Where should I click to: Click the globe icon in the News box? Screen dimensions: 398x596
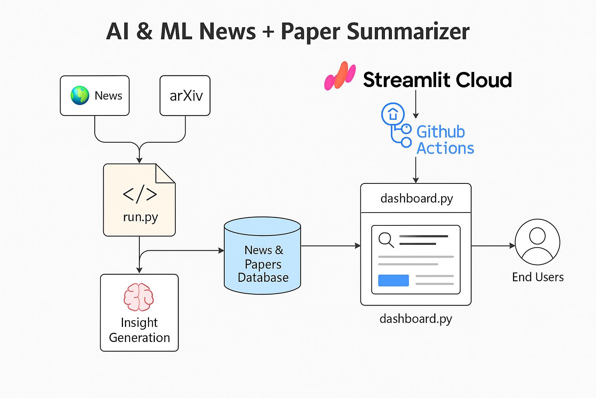point(80,96)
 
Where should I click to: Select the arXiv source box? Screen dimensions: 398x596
point(185,96)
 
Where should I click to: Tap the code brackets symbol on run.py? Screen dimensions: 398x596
point(140,194)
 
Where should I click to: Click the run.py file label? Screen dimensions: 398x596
point(140,217)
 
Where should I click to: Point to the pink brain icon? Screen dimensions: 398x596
point(139,297)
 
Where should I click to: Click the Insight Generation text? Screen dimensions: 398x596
point(139,330)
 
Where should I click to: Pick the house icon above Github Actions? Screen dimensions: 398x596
point(393,114)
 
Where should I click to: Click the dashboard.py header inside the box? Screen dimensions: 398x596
point(416,198)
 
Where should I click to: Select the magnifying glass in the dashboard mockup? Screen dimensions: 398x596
point(386,239)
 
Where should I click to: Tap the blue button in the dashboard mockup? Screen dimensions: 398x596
point(393,280)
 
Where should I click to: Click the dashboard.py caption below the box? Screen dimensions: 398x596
point(416,319)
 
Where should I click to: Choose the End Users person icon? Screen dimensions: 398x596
point(537,242)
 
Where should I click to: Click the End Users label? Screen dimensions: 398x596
point(537,277)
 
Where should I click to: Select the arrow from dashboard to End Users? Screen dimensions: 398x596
point(493,246)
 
